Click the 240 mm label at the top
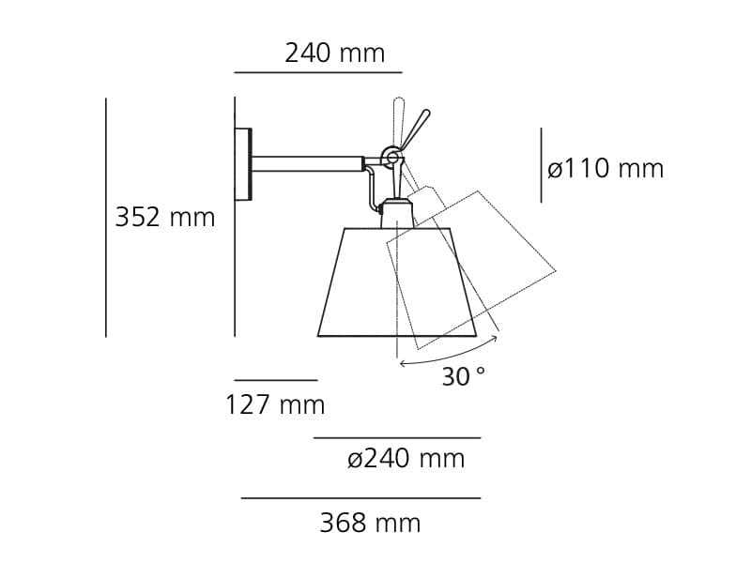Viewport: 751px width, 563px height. (334, 53)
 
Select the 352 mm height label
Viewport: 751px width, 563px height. (165, 218)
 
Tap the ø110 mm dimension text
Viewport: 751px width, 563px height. (605, 169)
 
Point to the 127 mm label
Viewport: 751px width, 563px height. (274, 405)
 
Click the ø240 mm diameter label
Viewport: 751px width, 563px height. (406, 459)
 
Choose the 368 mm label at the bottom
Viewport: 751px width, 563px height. (370, 523)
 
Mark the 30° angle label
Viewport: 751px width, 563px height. (463, 377)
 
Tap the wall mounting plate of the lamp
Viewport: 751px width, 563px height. (243, 164)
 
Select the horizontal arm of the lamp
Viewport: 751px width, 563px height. (307, 164)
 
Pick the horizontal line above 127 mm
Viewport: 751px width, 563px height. (276, 380)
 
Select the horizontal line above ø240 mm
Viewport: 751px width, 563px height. (396, 437)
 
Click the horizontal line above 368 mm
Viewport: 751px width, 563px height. (360, 498)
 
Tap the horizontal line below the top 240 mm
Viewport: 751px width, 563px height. (317, 72)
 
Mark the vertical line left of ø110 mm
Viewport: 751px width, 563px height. (541, 165)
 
